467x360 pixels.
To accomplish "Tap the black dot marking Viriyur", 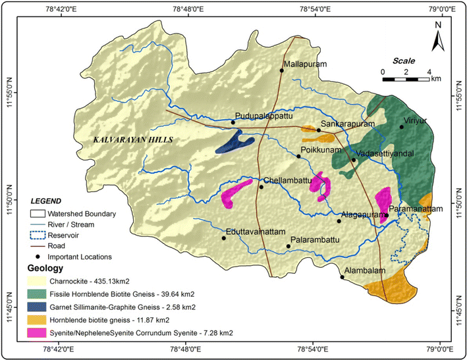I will point(401,127).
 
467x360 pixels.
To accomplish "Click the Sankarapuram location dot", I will point(319,130).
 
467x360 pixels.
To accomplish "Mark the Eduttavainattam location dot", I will point(224,238).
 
